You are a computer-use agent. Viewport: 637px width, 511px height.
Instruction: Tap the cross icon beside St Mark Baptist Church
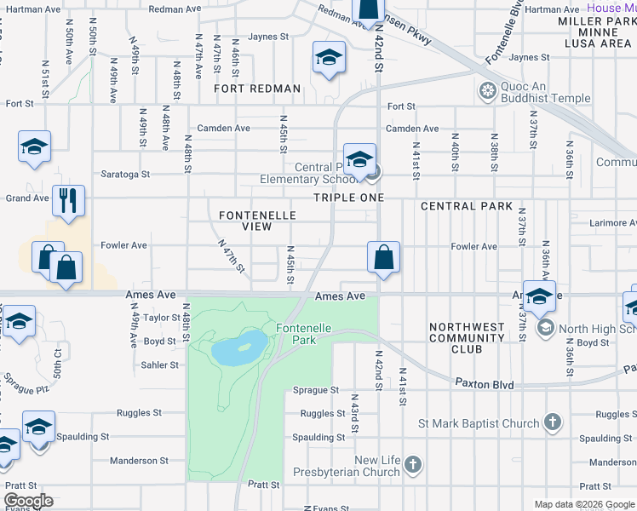coord(553,422)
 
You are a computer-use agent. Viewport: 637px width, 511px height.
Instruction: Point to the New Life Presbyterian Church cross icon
coord(413,465)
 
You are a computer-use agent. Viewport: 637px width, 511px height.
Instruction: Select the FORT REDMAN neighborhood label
coord(257,89)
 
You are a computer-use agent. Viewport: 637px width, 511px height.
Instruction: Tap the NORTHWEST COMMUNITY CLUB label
coord(467,338)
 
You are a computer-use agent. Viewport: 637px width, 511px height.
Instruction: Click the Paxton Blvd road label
coord(484,385)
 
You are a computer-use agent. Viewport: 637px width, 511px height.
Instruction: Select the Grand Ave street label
coord(28,198)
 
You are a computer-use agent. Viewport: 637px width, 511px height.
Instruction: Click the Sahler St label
coord(161,365)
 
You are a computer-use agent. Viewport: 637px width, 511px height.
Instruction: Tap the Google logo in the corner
coord(28,501)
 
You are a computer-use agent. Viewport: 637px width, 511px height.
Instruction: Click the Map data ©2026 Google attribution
coord(583,504)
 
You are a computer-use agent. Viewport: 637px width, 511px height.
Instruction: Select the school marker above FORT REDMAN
coord(328,58)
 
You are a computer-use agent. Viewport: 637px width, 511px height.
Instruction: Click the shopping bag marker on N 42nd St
coord(384,258)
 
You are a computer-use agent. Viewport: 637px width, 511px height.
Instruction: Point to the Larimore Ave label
coord(612,223)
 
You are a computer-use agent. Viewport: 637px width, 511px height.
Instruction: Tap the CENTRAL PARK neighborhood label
coord(467,206)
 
